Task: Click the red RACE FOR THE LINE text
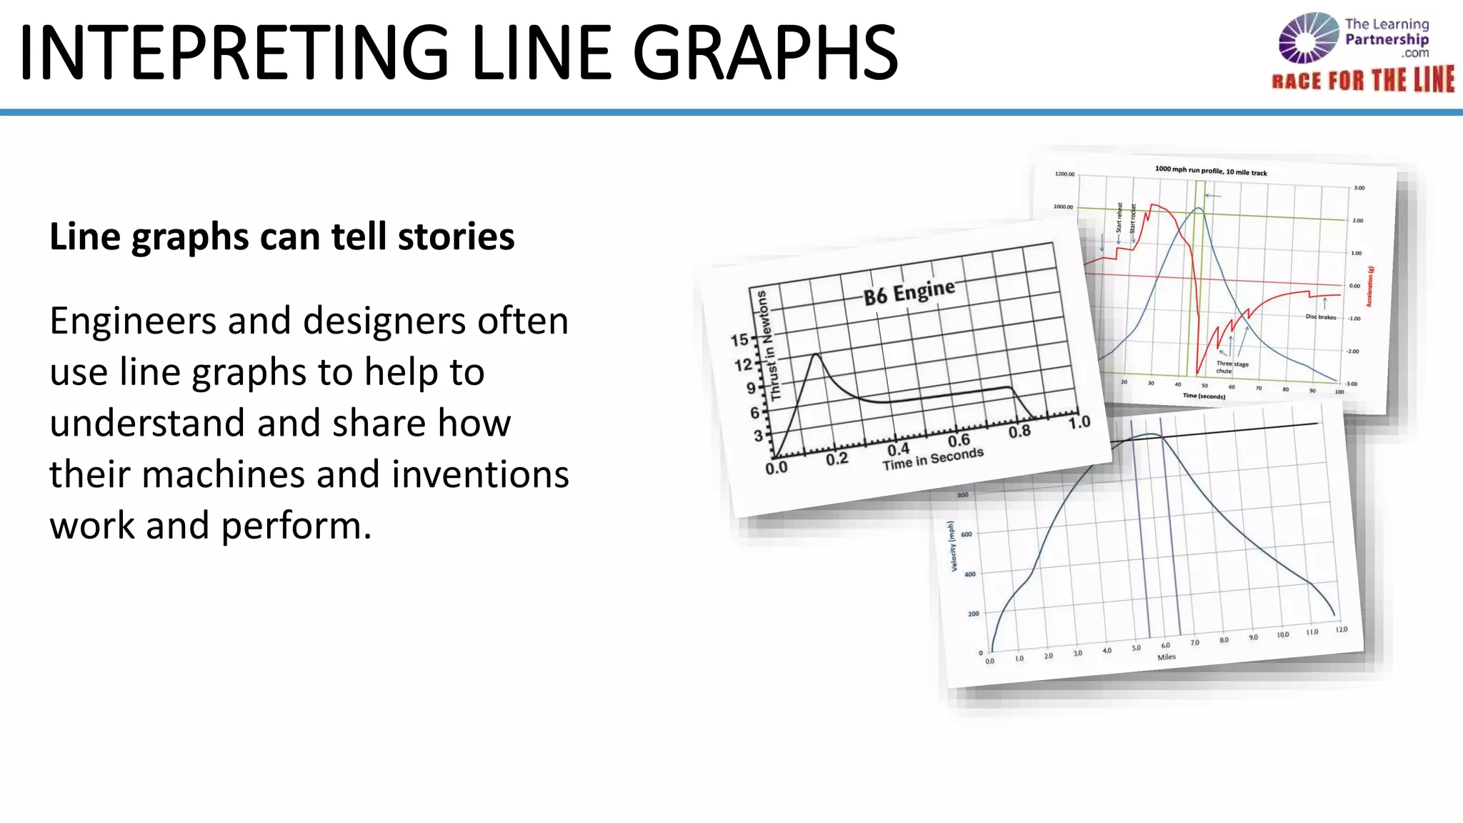tap(1362, 80)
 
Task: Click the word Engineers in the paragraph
tap(133, 321)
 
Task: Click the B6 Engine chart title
tap(909, 292)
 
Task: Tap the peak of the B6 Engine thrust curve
tap(816, 354)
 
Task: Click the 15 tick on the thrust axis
tap(739, 340)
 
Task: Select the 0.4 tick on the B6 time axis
tap(898, 449)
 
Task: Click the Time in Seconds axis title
tap(933, 459)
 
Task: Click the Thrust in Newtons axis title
tap(769, 345)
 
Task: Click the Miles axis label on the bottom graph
tap(1167, 657)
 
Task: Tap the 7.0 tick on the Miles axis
tap(1194, 643)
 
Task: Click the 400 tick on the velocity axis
tap(969, 574)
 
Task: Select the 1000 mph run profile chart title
tap(1211, 171)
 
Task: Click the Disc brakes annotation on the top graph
tap(1320, 316)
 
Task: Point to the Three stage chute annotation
tap(1232, 367)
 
